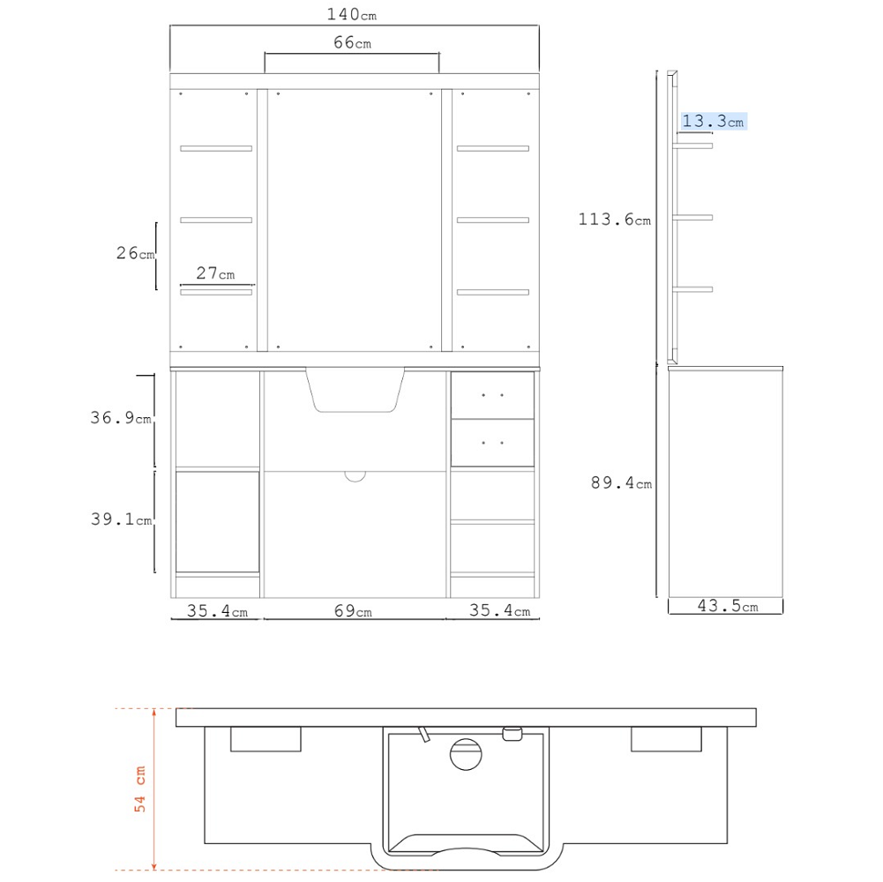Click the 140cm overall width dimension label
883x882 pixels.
tap(352, 14)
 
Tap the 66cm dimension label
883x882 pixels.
tap(353, 42)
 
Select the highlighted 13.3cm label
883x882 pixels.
tap(714, 121)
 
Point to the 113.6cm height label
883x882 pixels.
tap(614, 219)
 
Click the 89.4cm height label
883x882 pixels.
tap(621, 482)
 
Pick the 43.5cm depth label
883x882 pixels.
tap(728, 606)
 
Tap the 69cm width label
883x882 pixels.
tap(353, 611)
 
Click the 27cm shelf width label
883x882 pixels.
tap(215, 273)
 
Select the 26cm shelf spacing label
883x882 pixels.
tap(135, 253)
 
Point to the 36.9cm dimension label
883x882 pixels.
tap(121, 417)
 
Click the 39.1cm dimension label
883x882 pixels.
tap(122, 519)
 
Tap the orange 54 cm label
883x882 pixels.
tap(139, 789)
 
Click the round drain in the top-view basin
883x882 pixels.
tap(467, 754)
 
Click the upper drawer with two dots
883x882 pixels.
tap(493, 395)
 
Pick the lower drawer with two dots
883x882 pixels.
tap(493, 443)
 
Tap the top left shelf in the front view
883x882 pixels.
tap(216, 149)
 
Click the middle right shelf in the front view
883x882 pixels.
tap(493, 220)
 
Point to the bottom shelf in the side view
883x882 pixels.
tap(692, 289)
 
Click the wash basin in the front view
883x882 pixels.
tap(355, 391)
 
